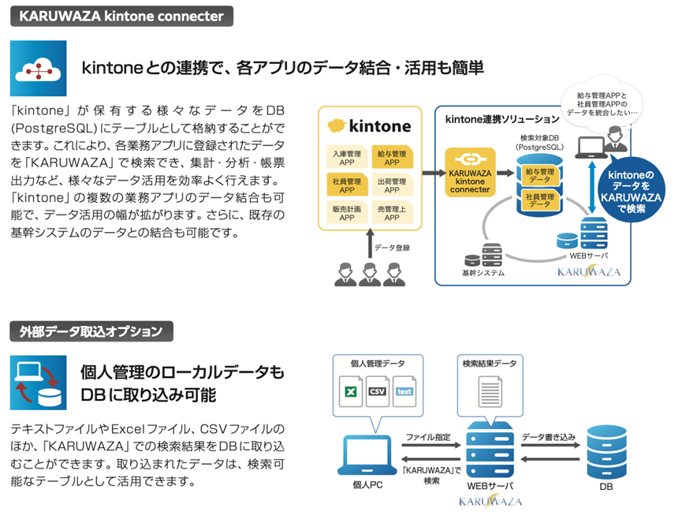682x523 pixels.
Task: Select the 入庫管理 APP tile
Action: click(x=347, y=158)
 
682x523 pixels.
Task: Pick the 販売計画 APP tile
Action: click(x=347, y=212)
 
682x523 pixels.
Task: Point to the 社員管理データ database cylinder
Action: click(x=540, y=200)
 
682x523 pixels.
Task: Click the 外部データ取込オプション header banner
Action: click(x=91, y=331)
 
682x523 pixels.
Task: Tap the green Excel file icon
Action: click(x=350, y=391)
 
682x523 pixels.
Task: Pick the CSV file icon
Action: click(x=377, y=391)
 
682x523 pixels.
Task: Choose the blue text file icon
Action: click(x=404, y=391)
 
